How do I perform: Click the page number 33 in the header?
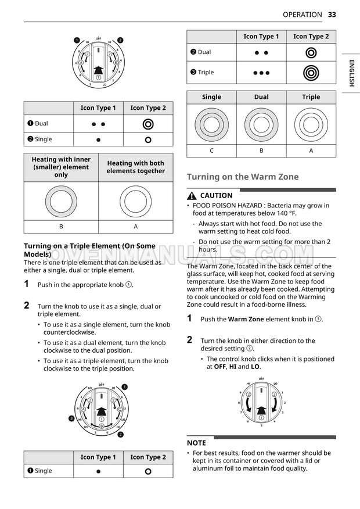pos(332,15)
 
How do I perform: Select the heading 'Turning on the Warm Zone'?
pos(242,177)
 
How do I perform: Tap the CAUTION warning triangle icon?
pos(191,196)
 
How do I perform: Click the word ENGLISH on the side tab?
pos(351,73)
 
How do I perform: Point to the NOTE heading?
pos(196,443)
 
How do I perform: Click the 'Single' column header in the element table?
pos(211,97)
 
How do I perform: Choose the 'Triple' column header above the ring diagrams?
pos(311,97)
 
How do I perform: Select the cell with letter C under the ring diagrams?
pos(211,150)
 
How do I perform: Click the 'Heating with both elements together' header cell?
pos(135,167)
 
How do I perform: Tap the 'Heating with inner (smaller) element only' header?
pos(61,167)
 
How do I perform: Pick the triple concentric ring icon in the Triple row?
pos(311,73)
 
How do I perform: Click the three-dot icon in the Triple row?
pos(261,73)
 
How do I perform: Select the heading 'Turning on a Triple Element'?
pos(89,250)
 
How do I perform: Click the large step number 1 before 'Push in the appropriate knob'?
pos(27,284)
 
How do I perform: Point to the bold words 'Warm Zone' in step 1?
pos(246,319)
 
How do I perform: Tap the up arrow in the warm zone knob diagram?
pos(261,410)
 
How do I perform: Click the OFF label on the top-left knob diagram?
pos(98,38)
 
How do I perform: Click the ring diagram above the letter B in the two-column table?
pos(61,201)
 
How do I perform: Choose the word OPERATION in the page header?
pos(302,15)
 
